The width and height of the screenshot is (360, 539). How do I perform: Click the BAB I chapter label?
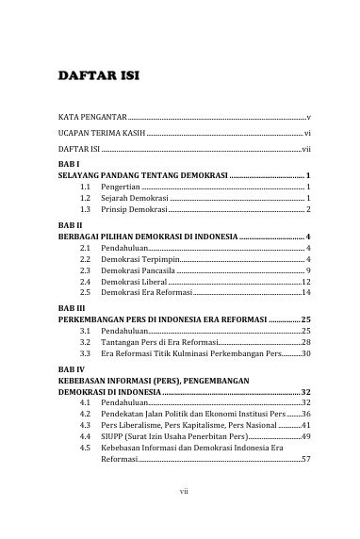click(x=69, y=165)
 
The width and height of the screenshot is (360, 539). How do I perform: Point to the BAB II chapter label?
click(x=71, y=225)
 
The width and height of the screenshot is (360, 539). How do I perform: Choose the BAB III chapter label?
click(x=72, y=308)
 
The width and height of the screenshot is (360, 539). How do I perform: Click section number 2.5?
click(x=86, y=293)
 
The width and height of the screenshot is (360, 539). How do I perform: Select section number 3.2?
click(x=86, y=342)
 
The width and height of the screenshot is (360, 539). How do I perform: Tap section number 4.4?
click(x=86, y=436)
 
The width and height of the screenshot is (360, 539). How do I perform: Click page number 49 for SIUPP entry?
click(x=306, y=436)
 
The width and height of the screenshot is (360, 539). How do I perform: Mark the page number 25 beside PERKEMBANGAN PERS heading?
click(x=305, y=319)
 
